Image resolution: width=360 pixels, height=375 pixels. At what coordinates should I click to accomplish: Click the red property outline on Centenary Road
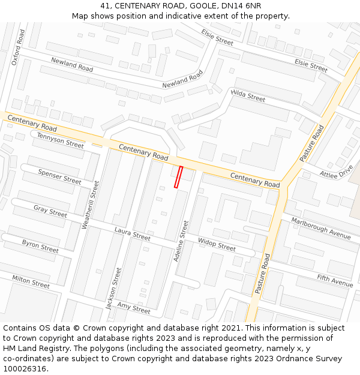tap(178, 177)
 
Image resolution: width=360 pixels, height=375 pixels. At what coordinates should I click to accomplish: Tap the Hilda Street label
tap(248, 95)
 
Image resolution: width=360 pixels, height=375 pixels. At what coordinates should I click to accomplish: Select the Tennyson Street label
tap(60, 140)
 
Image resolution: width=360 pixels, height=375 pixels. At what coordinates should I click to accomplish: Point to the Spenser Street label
tap(59, 176)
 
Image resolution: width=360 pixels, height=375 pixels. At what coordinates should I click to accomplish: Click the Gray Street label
tap(50, 211)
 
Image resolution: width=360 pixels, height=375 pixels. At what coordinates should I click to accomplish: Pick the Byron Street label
tap(40, 245)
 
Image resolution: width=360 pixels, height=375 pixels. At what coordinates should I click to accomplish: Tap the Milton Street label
tap(31, 281)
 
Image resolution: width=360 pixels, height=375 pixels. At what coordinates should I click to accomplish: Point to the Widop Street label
tap(217, 245)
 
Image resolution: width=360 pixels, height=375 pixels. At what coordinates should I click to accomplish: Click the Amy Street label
tap(134, 308)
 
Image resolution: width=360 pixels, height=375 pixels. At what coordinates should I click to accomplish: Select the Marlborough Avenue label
tap(321, 228)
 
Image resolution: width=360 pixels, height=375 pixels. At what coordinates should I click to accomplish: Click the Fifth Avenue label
tap(335, 280)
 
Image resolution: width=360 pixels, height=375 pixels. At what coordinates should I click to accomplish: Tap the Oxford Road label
tap(19, 45)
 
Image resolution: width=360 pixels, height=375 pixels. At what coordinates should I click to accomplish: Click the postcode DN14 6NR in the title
tap(241, 5)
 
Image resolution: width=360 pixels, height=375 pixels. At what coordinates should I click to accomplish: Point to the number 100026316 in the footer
tap(25, 368)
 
